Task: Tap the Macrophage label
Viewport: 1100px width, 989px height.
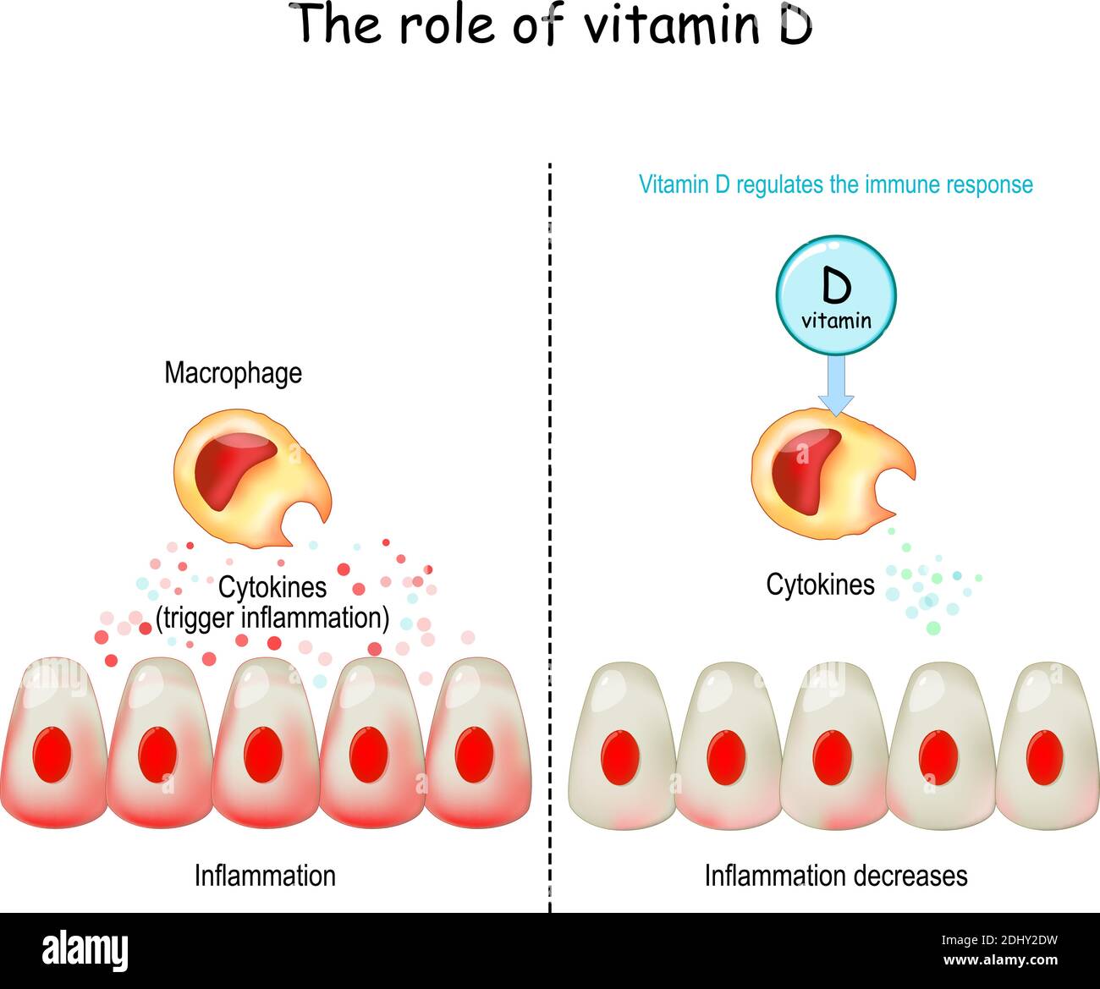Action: pyautogui.click(x=233, y=373)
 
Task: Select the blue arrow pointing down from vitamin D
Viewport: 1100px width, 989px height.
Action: pyautogui.click(x=836, y=385)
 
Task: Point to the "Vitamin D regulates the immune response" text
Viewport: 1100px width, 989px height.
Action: pyautogui.click(x=835, y=184)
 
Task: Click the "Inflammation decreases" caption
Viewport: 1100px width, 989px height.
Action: pyautogui.click(x=835, y=875)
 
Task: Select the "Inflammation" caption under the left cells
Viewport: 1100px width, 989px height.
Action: pyautogui.click(x=265, y=875)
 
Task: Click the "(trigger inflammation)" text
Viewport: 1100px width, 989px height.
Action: pyautogui.click(x=272, y=618)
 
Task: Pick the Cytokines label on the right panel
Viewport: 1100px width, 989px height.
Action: pyautogui.click(x=820, y=584)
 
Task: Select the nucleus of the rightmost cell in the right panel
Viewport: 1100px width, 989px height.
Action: pyautogui.click(x=1043, y=755)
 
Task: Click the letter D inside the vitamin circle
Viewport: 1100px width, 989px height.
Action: pyautogui.click(x=836, y=287)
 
